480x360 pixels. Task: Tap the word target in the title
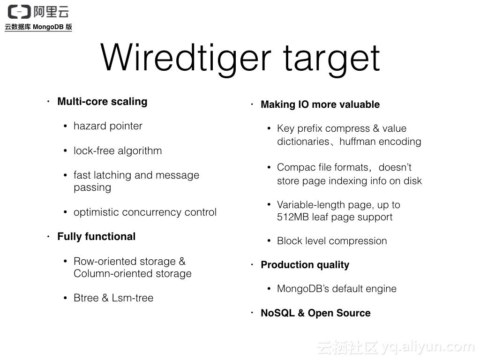click(x=331, y=59)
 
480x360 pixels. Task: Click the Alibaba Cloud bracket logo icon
click(x=19, y=11)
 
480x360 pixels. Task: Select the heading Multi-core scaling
click(x=102, y=102)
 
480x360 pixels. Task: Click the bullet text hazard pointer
click(x=108, y=126)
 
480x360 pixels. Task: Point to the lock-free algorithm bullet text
click(x=118, y=151)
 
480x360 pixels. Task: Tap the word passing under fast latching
click(x=92, y=187)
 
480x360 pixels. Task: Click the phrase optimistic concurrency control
click(x=145, y=212)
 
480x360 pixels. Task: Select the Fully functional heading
click(x=96, y=237)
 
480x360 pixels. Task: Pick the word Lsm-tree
click(x=133, y=298)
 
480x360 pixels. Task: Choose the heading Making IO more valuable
click(x=320, y=105)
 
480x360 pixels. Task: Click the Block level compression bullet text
click(x=332, y=241)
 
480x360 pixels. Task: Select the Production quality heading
click(x=305, y=265)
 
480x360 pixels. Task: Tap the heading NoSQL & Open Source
click(x=315, y=313)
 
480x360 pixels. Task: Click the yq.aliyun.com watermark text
click(x=427, y=347)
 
